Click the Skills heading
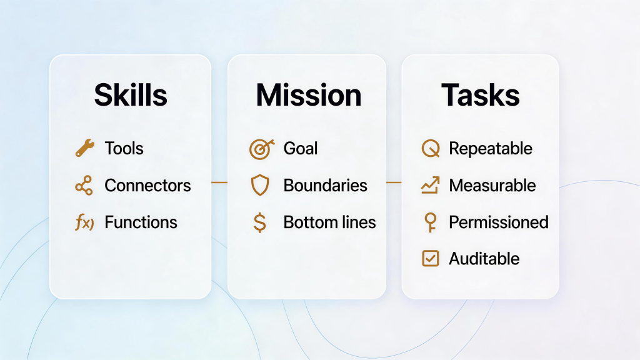tap(131, 95)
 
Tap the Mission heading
tap(309, 95)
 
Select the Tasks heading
tap(481, 95)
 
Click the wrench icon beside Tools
tap(85, 147)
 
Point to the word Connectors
tap(147, 185)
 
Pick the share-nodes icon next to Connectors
tap(84, 185)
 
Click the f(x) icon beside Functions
tap(84, 222)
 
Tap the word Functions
tap(141, 222)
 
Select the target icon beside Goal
tap(262, 149)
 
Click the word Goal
tap(301, 148)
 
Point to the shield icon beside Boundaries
tap(260, 185)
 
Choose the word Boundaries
tap(325, 185)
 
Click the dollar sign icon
tap(260, 222)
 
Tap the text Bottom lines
tap(330, 222)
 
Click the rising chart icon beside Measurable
tap(431, 185)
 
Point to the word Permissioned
tap(499, 222)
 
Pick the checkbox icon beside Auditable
tap(431, 258)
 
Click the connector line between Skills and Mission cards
tap(219, 182)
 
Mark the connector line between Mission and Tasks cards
tap(394, 182)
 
